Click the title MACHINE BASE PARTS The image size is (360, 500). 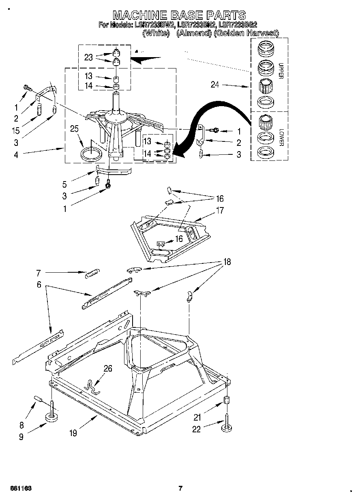pyautogui.click(x=179, y=15)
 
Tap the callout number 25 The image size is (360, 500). pyautogui.click(x=74, y=129)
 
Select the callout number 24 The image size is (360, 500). pyautogui.click(x=215, y=85)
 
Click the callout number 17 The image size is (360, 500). pyautogui.click(x=220, y=210)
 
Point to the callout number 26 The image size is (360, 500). pyautogui.click(x=107, y=368)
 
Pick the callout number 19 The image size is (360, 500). pyautogui.click(x=73, y=433)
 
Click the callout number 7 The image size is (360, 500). pyautogui.click(x=39, y=272)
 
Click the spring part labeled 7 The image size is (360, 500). pyautogui.click(x=92, y=274)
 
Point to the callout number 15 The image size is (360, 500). pyautogui.click(x=17, y=131)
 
